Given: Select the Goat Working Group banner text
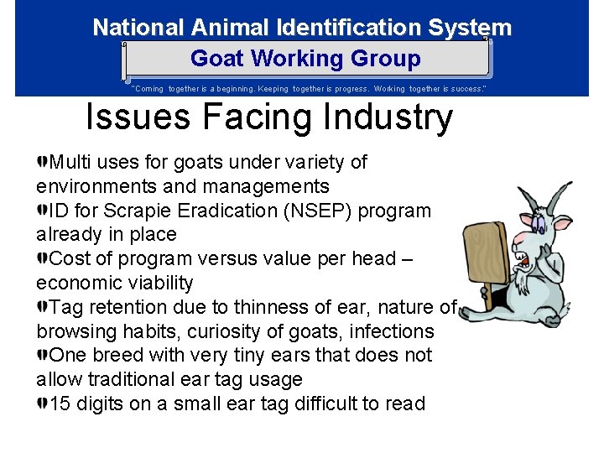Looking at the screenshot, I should [x=305, y=59].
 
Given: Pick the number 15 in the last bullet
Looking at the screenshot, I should [x=60, y=404].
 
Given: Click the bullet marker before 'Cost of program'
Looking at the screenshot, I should [x=43, y=258].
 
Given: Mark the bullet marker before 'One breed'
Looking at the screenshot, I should [x=43, y=355].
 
